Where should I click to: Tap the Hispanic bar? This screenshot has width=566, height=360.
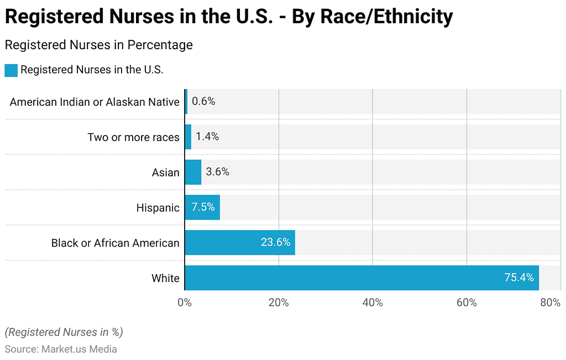[x=202, y=207]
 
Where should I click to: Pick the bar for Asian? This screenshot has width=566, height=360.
[x=193, y=172]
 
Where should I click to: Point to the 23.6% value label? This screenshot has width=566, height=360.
[x=276, y=242]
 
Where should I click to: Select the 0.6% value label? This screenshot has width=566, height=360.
[x=203, y=101]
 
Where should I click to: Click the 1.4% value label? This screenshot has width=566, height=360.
[x=207, y=137]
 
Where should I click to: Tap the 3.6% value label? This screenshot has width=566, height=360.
[x=217, y=172]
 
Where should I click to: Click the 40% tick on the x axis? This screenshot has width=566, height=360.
[x=373, y=302]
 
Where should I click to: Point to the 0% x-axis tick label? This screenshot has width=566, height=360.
[x=185, y=302]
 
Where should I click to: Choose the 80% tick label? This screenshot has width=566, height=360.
[x=551, y=302]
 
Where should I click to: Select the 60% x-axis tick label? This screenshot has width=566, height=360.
[x=467, y=302]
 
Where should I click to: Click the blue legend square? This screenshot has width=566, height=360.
[x=11, y=70]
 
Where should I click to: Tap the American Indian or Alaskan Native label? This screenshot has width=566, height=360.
[x=95, y=102]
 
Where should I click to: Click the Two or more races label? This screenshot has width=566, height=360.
[x=133, y=137]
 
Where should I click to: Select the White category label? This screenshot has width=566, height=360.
[x=165, y=278]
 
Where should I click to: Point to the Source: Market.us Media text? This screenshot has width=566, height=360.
[x=61, y=349]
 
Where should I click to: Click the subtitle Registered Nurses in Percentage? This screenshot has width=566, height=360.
[x=98, y=45]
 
